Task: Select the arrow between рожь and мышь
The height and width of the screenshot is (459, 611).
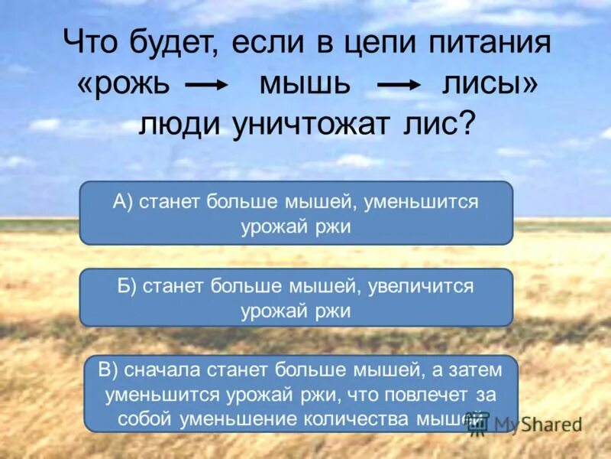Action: click(x=209, y=86)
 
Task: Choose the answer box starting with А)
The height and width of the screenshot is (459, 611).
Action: click(x=296, y=213)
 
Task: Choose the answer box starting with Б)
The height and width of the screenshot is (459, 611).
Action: click(x=296, y=298)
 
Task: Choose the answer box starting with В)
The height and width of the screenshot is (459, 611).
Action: click(x=300, y=393)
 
